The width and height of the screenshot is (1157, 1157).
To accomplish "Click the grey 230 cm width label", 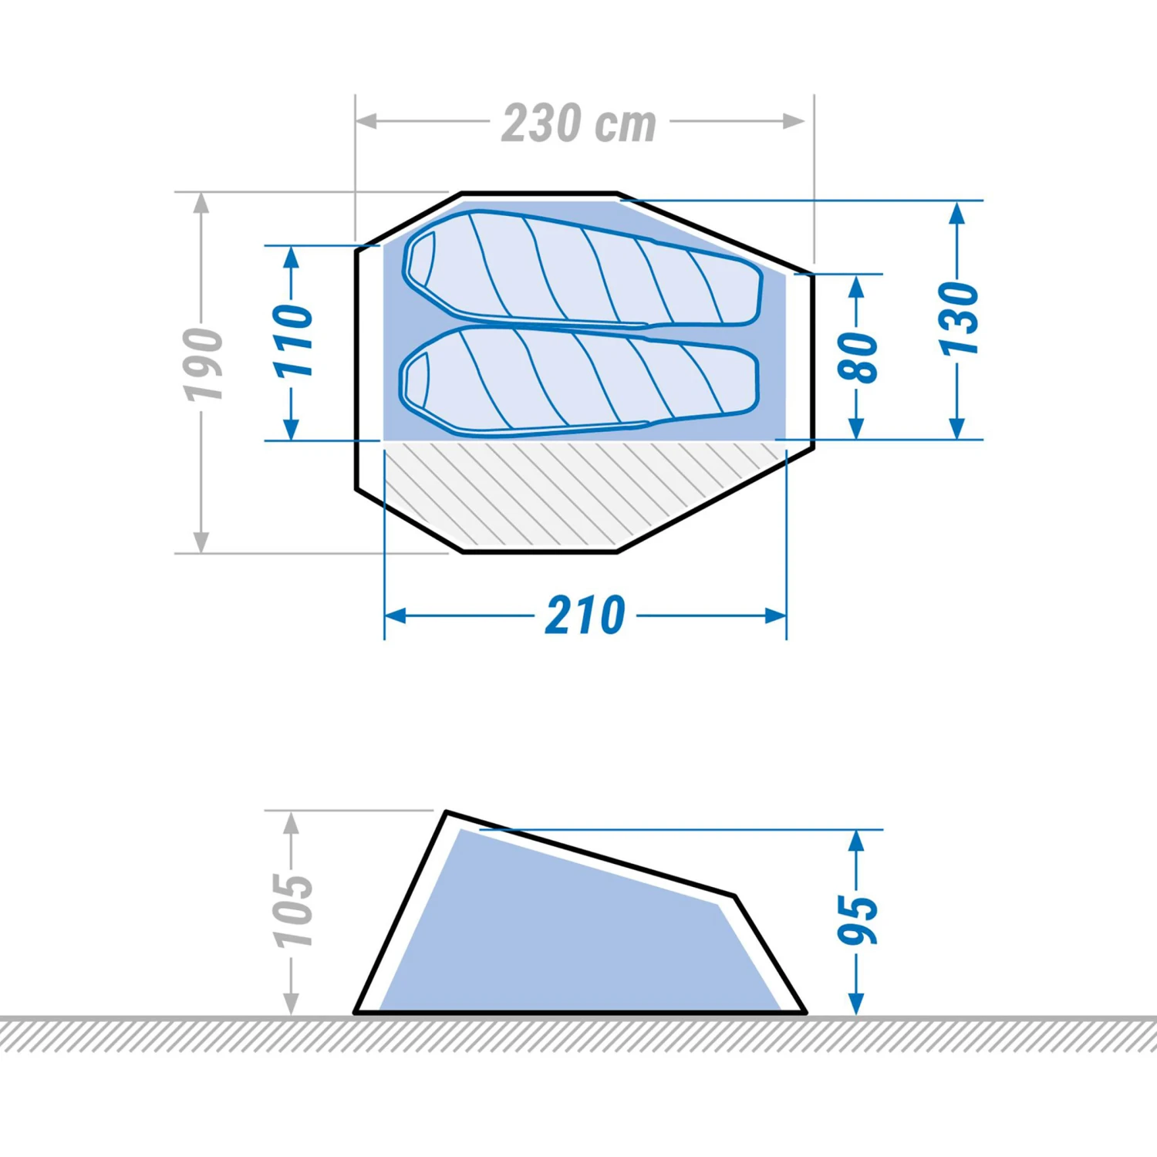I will coord(578,123).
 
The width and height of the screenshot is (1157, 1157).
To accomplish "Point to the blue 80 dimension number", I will coord(858,356).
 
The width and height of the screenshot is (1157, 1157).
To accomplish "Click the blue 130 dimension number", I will coord(959,319).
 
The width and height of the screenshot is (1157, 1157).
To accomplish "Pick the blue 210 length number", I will coord(585,616).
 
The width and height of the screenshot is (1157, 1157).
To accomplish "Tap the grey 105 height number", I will coord(293,910).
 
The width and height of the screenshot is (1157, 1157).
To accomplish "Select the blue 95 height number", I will coord(858,919).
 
